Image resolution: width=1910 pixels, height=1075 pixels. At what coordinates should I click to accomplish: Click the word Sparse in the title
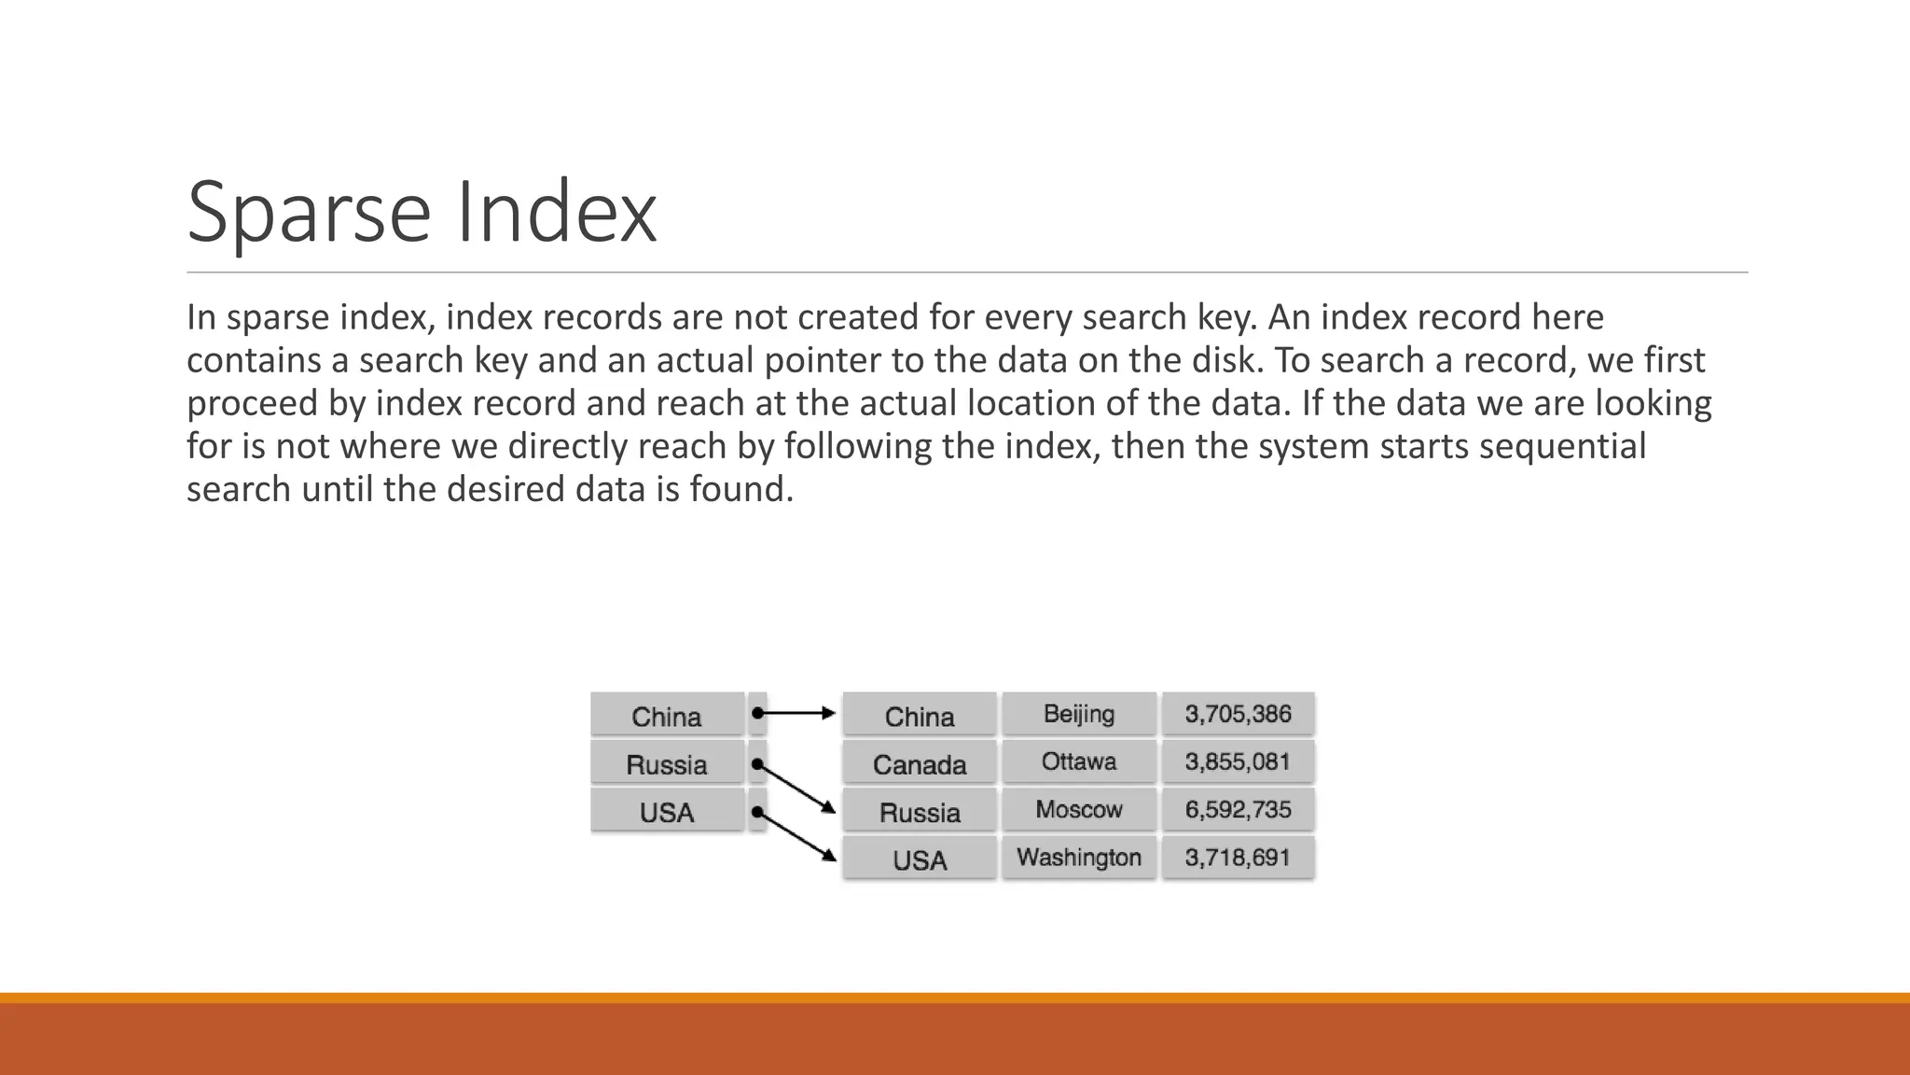[308, 213]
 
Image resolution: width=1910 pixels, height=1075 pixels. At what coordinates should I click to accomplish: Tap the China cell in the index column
[667, 716]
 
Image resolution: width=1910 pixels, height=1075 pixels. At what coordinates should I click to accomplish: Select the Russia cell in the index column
[667, 764]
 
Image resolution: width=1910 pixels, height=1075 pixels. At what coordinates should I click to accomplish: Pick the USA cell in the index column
[667, 812]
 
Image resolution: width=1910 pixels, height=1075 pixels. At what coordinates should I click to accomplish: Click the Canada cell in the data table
[920, 764]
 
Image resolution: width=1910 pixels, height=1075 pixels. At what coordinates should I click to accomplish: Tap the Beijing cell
[1079, 714]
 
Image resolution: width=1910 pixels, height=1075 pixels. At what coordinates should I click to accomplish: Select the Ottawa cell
[1079, 761]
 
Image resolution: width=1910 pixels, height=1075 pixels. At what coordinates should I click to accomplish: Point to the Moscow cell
[1079, 809]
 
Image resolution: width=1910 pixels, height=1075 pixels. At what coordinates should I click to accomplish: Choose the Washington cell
[1079, 857]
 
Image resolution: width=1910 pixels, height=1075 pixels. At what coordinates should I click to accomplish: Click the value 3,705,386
[1238, 714]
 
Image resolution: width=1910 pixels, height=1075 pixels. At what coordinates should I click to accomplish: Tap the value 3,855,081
[1238, 761]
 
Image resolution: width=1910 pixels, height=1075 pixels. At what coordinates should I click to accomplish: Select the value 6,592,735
[1238, 809]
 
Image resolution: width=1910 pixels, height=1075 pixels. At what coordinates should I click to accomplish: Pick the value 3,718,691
[1238, 857]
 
